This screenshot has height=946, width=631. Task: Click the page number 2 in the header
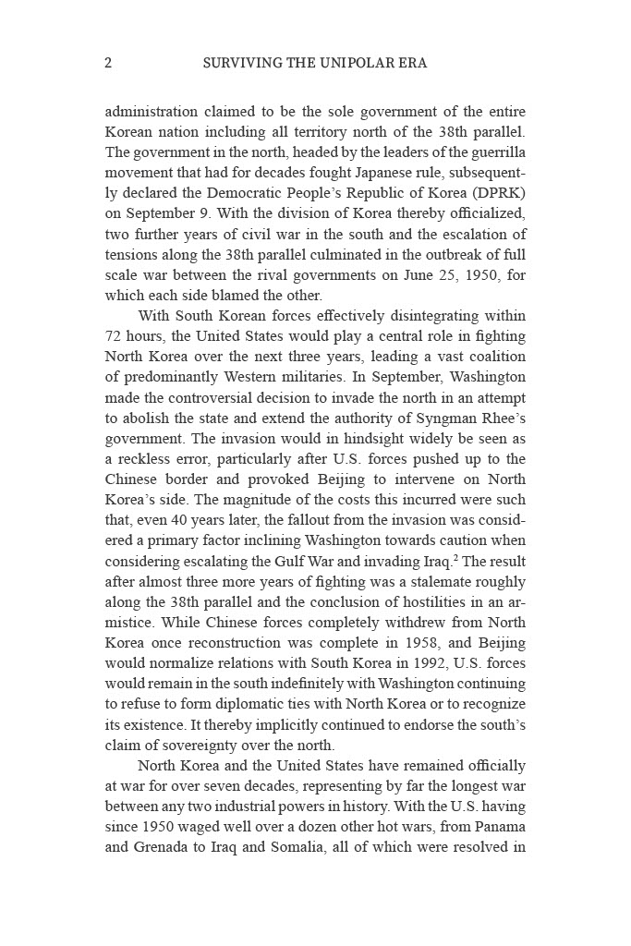pos(109,64)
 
